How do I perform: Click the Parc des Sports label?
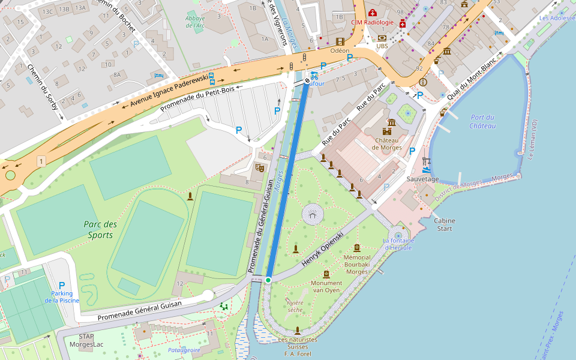click(100, 230)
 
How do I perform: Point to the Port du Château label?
click(483, 121)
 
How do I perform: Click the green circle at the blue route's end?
click(268, 280)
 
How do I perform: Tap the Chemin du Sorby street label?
click(42, 87)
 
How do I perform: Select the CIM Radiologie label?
click(373, 23)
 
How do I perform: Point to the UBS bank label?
click(382, 46)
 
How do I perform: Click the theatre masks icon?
click(259, 168)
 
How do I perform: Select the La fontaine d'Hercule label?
click(398, 244)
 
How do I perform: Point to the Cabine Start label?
click(445, 224)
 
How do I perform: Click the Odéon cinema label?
click(340, 51)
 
